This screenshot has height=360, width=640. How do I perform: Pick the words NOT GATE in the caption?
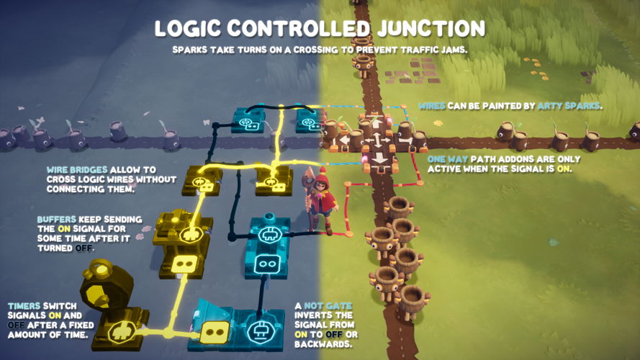pos(330,306)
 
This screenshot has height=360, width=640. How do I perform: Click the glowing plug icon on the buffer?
pos(191,234)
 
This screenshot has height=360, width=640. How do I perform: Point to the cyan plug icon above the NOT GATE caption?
pos(260,332)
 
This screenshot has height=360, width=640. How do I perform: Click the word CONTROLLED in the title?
pos(303,28)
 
